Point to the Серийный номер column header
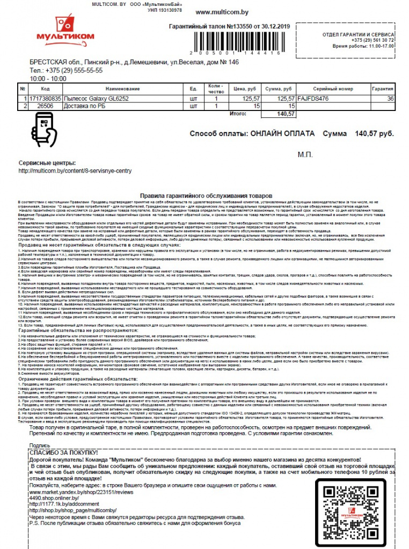point(332,88)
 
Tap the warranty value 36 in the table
point(390,99)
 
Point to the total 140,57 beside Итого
point(277,114)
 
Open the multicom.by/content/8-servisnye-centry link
point(75,171)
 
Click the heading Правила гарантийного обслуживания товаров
point(206,197)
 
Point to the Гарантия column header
point(383,88)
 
